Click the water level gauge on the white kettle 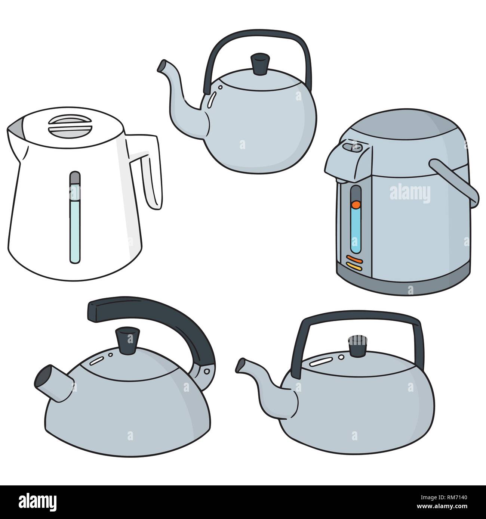tap(75, 218)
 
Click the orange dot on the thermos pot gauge tap(356, 205)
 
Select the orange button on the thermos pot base tap(354, 259)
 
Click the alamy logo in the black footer tap(38, 500)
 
